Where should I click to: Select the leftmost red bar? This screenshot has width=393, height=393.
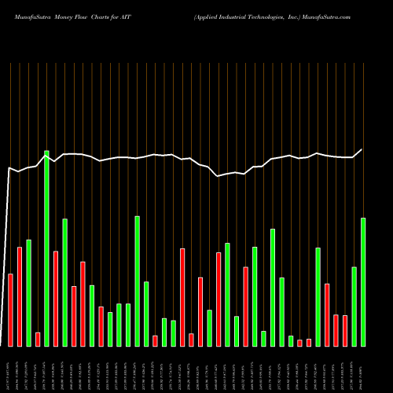10,310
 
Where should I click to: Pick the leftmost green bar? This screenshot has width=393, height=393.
28,292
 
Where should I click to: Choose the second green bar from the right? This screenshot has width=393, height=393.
354,306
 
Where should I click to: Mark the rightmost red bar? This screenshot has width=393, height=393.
345,330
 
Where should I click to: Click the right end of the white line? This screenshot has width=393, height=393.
362,149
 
